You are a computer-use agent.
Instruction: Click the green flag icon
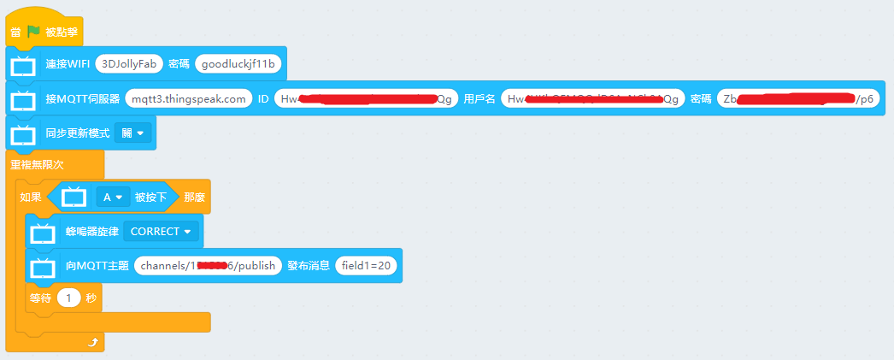click(33, 32)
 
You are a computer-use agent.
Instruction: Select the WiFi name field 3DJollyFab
click(128, 63)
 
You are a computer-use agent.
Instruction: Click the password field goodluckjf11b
click(240, 63)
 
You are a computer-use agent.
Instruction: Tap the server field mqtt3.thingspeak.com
click(189, 99)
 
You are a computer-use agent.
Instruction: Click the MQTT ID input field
click(366, 99)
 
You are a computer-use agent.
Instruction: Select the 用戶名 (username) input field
click(592, 99)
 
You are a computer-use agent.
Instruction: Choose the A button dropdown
click(113, 198)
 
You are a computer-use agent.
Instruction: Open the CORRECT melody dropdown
click(161, 231)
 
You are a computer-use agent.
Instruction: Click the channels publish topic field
click(208, 266)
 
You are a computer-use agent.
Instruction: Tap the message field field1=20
click(366, 266)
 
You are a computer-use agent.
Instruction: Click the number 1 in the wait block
click(68, 298)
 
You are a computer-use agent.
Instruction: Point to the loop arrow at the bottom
click(92, 342)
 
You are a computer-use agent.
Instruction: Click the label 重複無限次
click(37, 164)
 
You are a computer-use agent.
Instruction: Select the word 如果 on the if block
click(30, 198)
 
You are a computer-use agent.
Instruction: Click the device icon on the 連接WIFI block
click(23, 64)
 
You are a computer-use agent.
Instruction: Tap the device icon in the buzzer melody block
click(43, 232)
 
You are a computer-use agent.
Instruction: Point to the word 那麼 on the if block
click(194, 198)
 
